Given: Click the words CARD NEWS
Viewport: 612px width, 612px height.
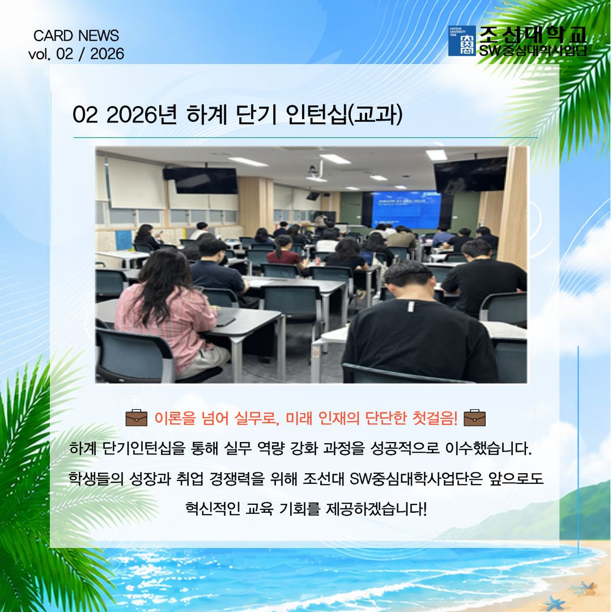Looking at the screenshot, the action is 76,36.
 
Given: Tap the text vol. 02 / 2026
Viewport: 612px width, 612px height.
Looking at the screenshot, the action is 76,54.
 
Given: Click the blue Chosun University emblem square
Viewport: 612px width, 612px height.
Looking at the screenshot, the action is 462,41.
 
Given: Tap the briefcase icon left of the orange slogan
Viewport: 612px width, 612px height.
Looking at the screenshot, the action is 136,418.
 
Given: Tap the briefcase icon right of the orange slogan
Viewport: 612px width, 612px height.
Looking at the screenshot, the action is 474,418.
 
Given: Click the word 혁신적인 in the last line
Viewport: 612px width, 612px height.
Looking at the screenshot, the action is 212,508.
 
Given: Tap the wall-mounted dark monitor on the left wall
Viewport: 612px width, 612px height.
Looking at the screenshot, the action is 201,180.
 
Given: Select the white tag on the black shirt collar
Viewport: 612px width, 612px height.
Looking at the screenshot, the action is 410,307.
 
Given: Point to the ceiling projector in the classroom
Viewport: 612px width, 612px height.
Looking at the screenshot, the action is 312,170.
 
